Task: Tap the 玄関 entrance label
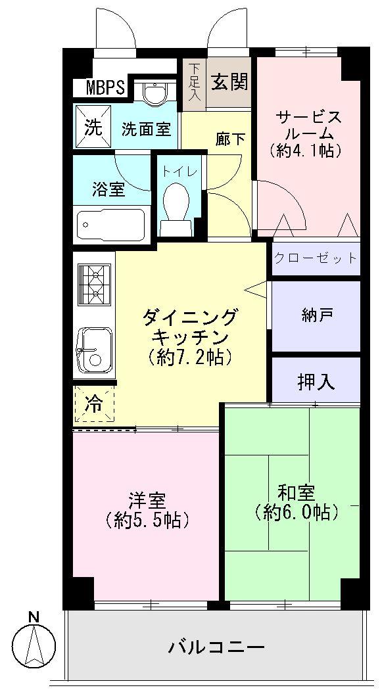(x=229, y=81)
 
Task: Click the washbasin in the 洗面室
(x=154, y=95)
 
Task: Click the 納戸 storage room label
(x=316, y=315)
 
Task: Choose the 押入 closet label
(x=316, y=382)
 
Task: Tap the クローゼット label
(x=316, y=258)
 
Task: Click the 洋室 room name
(x=147, y=500)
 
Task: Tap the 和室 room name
(x=296, y=492)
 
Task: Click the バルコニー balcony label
(x=216, y=647)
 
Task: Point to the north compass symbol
(x=34, y=640)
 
